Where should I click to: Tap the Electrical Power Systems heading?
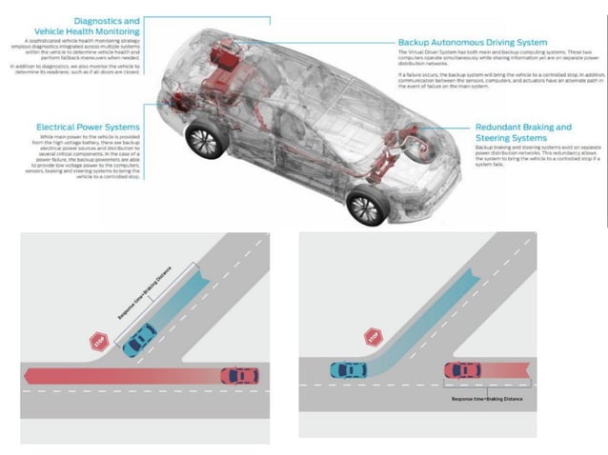pyautogui.click(x=88, y=126)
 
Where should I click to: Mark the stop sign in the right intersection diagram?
pyautogui.click(x=373, y=338)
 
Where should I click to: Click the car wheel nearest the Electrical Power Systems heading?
pyautogui.click(x=203, y=140)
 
